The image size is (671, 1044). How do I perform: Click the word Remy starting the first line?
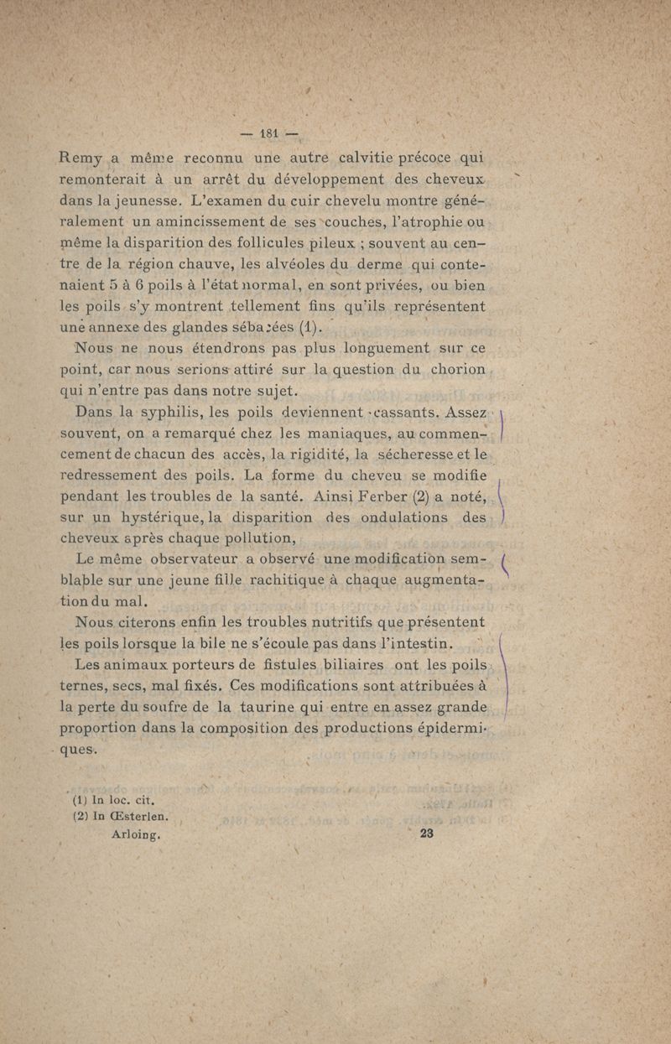(x=82, y=158)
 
